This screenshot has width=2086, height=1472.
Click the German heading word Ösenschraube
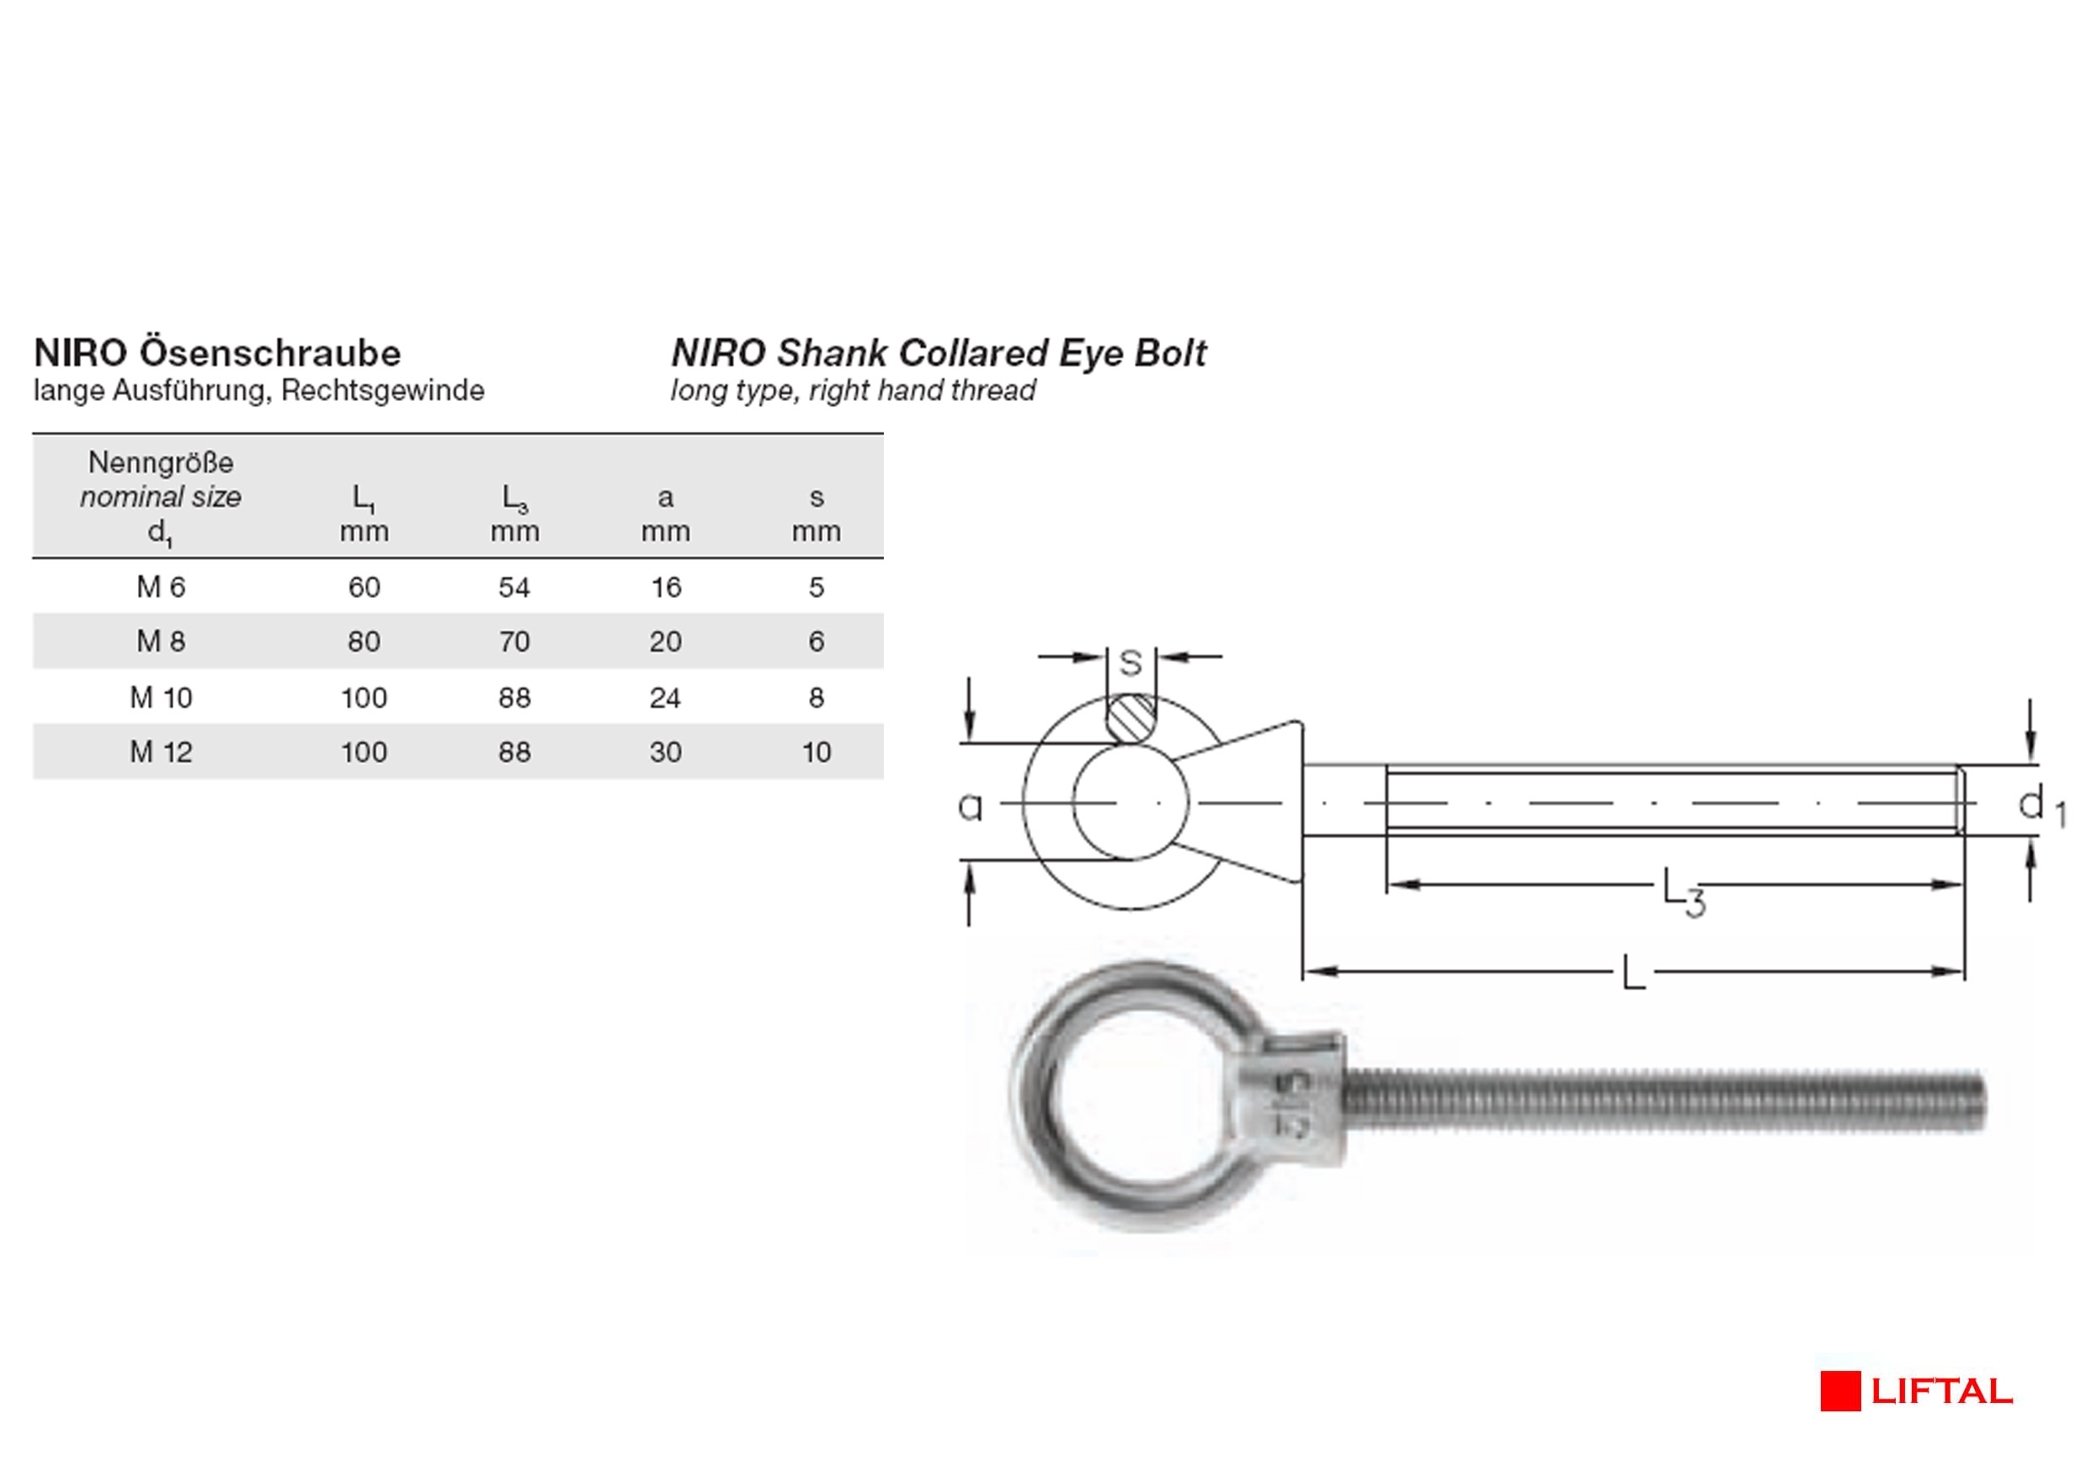coord(270,353)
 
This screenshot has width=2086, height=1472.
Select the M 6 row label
coord(161,587)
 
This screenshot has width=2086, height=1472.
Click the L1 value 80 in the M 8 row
coord(364,642)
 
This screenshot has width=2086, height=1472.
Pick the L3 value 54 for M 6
coord(514,587)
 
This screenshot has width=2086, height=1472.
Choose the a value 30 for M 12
coord(665,751)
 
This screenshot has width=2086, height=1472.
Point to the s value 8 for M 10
coord(816,697)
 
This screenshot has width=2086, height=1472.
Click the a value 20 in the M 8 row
coord(665,642)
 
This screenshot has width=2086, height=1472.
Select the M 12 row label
coord(161,751)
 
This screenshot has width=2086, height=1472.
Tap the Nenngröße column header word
coord(161,462)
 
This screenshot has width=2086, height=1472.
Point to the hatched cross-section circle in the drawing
coord(1131,717)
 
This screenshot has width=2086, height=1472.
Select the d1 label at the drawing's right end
coord(2041,806)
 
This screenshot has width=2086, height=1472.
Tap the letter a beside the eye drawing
coord(971,806)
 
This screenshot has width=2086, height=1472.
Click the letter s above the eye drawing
coord(1131,663)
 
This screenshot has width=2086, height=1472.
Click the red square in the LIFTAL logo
coord(1840,1391)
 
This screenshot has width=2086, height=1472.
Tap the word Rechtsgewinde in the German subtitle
coord(382,391)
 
